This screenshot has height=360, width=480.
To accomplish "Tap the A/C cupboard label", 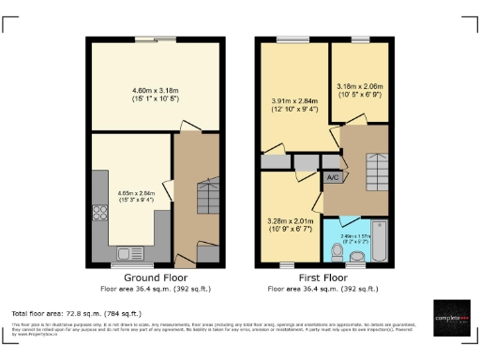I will (332, 176).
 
